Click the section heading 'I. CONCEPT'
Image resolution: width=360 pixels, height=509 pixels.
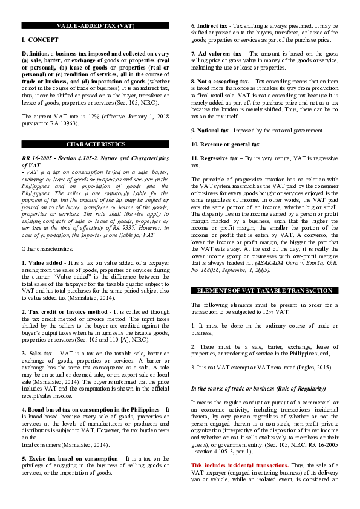pos(39,39)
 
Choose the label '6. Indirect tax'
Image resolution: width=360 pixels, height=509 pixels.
pos(211,26)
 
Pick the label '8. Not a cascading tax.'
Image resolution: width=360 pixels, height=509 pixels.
pos(220,81)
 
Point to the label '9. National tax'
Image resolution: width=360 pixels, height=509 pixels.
pos(209,130)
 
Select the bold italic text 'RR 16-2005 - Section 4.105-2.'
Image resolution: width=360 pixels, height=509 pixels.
pos(72,158)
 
